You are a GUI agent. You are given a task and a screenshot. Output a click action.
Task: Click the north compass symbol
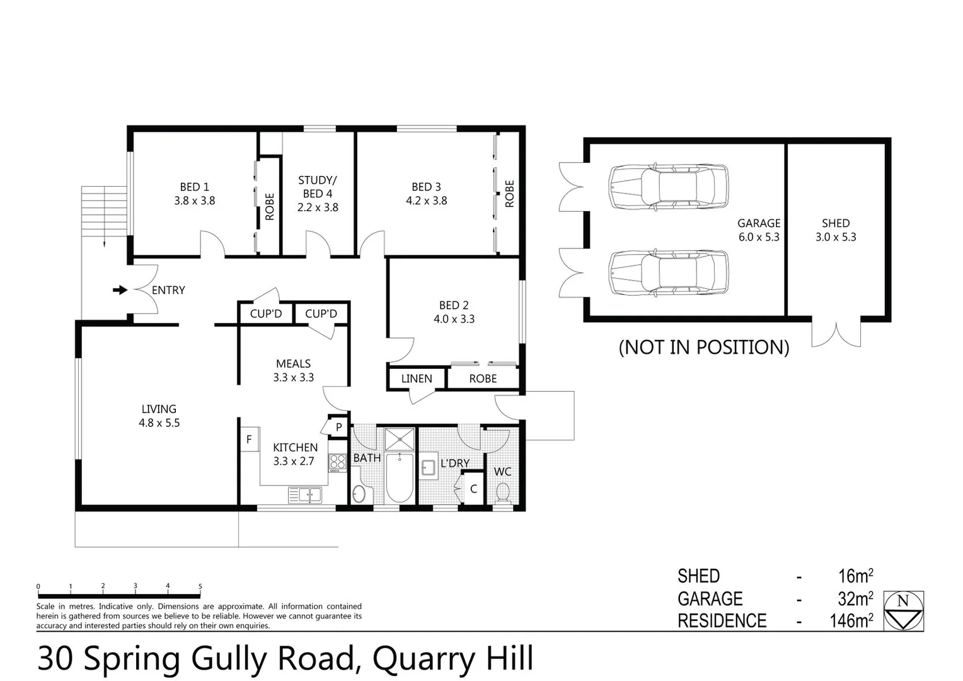click(x=903, y=610)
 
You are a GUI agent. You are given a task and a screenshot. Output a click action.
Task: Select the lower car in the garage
click(x=668, y=272)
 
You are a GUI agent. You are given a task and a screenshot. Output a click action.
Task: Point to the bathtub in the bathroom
click(x=399, y=477)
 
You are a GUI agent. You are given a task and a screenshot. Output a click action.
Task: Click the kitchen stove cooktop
click(x=338, y=462)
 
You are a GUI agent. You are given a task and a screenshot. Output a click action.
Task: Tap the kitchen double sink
click(x=305, y=495)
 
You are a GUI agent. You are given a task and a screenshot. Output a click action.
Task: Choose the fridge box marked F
click(x=249, y=439)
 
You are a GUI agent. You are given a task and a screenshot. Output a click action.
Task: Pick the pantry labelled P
click(x=338, y=427)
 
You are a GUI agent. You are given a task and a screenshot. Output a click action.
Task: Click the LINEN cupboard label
click(x=417, y=378)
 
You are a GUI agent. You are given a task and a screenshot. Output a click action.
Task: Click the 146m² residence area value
click(x=851, y=620)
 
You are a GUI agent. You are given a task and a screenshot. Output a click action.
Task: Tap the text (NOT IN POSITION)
click(x=703, y=347)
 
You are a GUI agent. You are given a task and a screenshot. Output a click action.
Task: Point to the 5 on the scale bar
click(x=200, y=586)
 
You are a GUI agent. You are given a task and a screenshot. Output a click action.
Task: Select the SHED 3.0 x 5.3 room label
click(x=836, y=230)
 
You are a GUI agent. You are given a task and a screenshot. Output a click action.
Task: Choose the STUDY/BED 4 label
click(x=318, y=194)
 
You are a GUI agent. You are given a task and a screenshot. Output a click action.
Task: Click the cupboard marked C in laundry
click(x=473, y=489)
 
